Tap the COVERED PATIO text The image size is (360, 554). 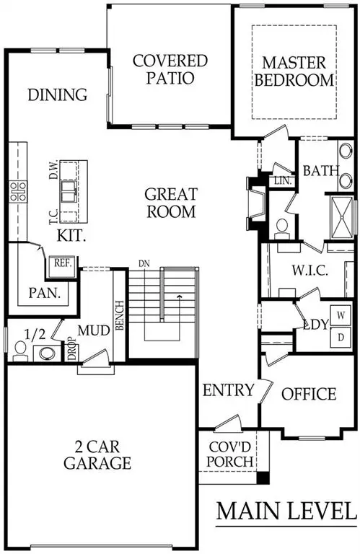(x=170, y=69)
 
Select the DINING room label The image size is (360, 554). (x=58, y=94)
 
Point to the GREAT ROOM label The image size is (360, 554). (x=170, y=203)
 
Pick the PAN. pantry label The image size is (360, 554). (x=44, y=294)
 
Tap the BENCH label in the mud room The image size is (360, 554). (x=120, y=313)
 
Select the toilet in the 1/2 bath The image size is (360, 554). (x=20, y=351)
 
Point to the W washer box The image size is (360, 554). (x=342, y=315)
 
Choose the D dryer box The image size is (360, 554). (x=342, y=336)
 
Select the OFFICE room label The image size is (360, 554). (x=308, y=394)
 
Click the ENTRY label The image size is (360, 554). (x=228, y=391)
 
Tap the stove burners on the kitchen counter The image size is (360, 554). (x=18, y=190)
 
